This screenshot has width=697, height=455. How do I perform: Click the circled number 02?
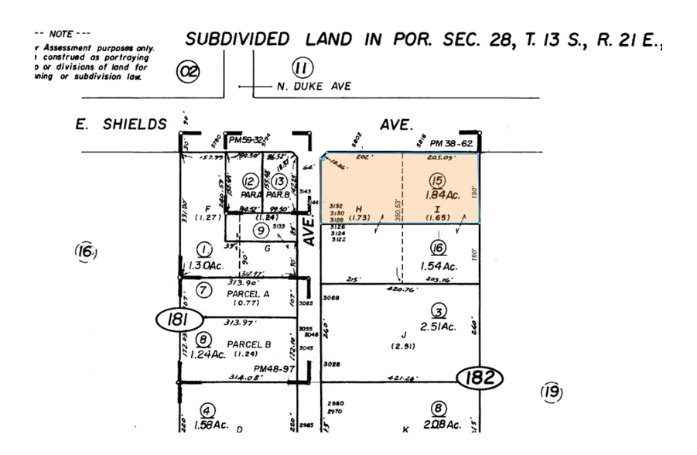point(188,73)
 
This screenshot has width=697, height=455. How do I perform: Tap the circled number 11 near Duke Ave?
point(303,67)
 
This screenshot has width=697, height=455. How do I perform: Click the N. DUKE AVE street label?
point(313,87)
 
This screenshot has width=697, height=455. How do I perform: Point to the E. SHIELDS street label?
point(123,124)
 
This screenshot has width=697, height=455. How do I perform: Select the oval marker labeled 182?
point(479,379)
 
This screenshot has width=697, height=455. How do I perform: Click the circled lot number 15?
point(437,182)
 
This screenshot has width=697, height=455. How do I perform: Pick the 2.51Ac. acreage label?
point(439,327)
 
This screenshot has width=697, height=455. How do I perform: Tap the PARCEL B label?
point(248,343)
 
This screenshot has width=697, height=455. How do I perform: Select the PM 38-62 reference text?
point(453,143)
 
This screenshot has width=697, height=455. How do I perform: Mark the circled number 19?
point(551,392)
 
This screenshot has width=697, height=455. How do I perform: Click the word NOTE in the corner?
point(60,35)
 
